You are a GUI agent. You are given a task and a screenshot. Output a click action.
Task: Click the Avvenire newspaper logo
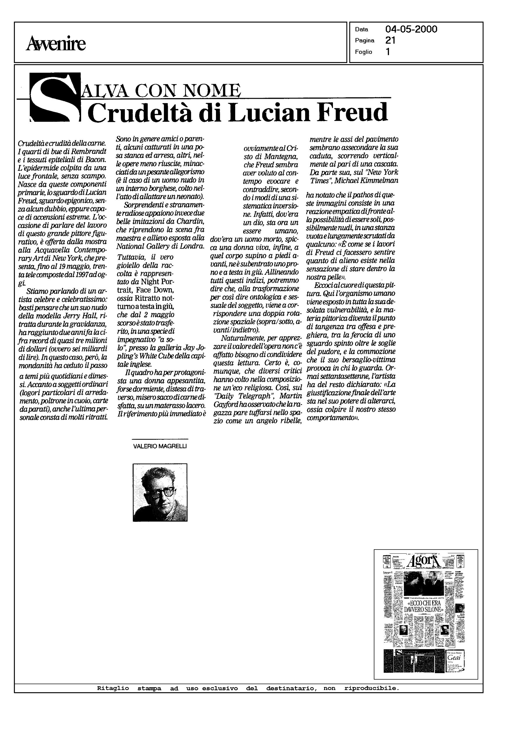56,44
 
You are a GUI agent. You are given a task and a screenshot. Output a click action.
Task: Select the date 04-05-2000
411,29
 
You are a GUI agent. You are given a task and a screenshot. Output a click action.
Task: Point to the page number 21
390,40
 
